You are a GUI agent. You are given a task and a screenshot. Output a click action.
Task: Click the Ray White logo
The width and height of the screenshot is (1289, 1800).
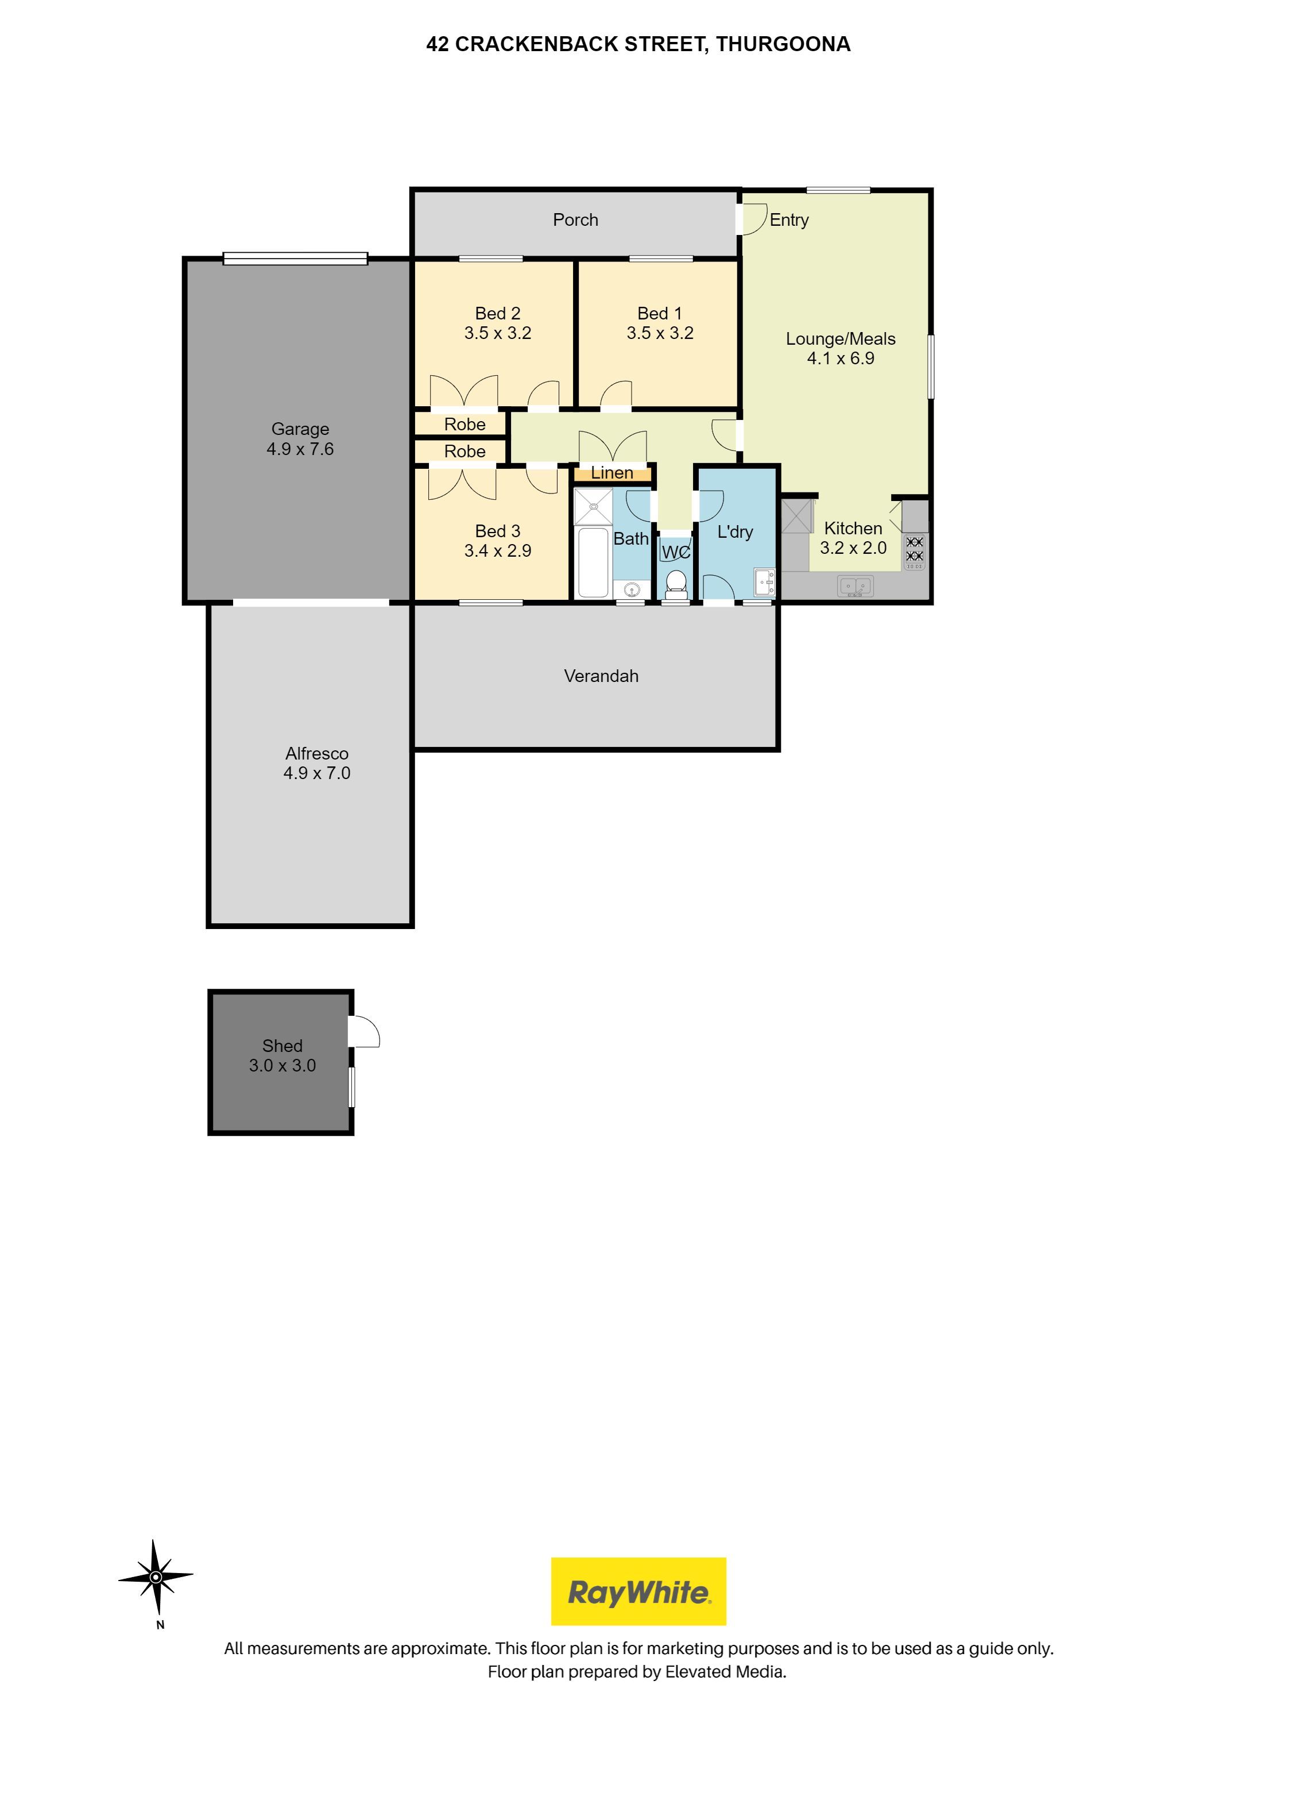638,1590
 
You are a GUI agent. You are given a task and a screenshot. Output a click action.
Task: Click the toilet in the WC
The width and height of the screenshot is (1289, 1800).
676,582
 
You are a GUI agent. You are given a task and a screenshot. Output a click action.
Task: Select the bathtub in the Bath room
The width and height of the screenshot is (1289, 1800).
593,561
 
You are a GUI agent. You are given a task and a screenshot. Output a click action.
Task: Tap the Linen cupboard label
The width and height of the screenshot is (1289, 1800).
611,473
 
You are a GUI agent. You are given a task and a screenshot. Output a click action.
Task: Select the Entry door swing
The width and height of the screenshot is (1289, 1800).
753,218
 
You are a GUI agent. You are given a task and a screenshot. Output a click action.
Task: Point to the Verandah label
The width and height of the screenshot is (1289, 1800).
601,676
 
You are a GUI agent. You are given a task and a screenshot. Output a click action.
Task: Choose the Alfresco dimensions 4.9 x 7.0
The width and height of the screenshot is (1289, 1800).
316,773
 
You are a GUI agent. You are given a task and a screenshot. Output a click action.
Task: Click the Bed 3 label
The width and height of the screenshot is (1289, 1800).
497,531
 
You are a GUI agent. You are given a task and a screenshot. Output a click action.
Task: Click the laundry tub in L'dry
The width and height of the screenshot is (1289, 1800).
764,583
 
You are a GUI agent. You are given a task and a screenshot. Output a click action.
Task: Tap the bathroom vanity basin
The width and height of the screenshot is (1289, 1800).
632,589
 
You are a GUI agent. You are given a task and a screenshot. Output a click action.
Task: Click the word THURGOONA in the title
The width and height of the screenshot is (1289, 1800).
783,44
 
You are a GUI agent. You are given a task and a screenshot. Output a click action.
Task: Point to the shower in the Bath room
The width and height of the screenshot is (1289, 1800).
593,506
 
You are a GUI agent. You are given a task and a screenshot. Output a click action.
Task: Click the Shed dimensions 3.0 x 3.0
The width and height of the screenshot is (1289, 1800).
282,1066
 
